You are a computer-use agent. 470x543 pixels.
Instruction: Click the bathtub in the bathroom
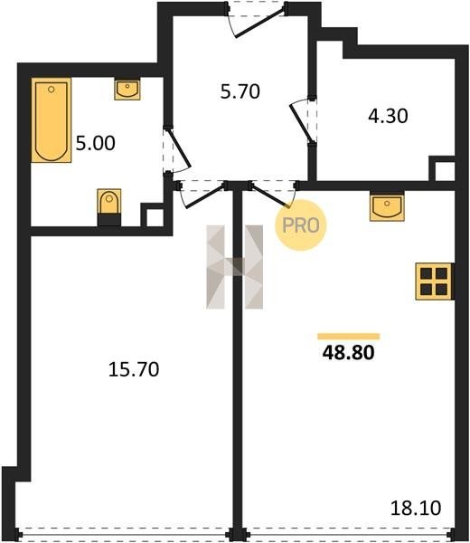point(52,120)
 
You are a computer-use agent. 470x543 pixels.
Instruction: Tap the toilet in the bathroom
point(109,207)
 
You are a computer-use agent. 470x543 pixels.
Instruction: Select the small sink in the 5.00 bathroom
point(127,90)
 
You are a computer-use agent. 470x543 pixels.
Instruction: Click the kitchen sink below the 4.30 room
point(387,206)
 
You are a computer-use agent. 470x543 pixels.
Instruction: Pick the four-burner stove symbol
point(434,281)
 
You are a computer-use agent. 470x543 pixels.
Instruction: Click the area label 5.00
point(96,143)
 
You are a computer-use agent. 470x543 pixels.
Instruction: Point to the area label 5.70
point(240,91)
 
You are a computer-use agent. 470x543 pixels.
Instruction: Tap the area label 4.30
point(388,116)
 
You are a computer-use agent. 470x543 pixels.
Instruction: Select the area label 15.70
point(134,369)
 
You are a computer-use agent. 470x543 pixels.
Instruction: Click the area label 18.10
point(416,509)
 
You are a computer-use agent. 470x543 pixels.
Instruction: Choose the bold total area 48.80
point(348,353)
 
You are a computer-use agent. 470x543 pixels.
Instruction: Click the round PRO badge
point(301,225)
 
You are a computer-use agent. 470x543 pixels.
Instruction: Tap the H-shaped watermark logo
point(234,267)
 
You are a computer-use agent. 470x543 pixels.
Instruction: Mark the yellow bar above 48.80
point(349,337)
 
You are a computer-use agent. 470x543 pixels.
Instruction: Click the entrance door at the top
point(259,22)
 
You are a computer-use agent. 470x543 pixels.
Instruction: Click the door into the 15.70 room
point(204,196)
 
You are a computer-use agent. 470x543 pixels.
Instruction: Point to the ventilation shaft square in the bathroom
point(155,217)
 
